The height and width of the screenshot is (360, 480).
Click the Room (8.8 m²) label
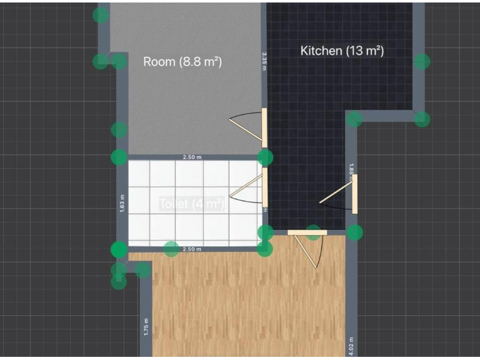tap(182, 62)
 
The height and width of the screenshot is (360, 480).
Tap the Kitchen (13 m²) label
tap(342, 51)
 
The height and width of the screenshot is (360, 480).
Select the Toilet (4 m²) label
tap(191, 204)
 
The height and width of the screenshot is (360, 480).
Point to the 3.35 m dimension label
tap(264, 61)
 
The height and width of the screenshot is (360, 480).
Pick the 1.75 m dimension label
tap(146, 328)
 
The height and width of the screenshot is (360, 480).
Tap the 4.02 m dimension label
tap(351, 344)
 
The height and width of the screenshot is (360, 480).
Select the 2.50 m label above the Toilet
tap(192, 157)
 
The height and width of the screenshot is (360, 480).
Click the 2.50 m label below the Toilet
tap(192, 249)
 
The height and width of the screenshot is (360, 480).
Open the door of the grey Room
tap(264, 128)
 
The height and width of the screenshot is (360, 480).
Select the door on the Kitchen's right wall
tap(354, 193)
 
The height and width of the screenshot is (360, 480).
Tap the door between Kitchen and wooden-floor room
tap(307, 232)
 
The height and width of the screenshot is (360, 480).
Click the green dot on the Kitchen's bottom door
tap(314, 232)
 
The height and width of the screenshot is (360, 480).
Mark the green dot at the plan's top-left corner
tap(101, 15)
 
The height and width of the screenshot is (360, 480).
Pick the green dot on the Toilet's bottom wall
tap(171, 249)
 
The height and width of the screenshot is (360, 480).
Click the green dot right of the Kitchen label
tap(422, 61)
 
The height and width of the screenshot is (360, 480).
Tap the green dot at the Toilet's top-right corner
tap(266, 157)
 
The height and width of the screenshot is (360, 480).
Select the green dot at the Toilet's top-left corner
tap(119, 157)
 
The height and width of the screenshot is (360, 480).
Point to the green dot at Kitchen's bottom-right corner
tap(355, 232)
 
